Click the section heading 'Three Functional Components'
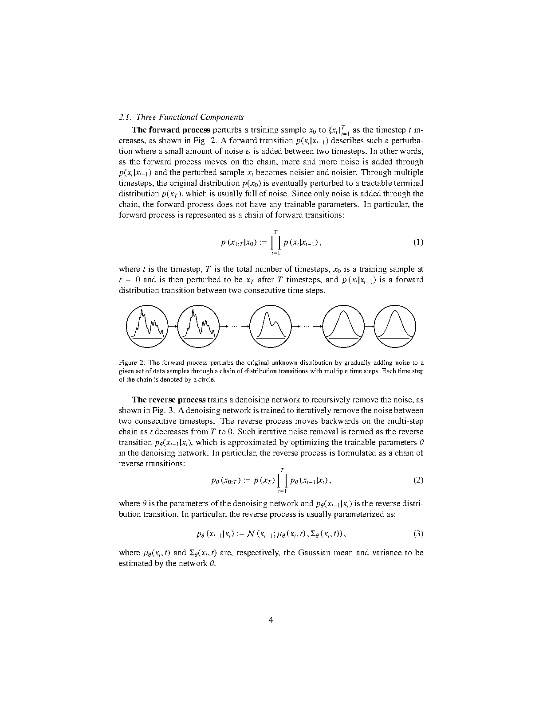pyautogui.click(x=189, y=117)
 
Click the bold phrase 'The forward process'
pyautogui.click(x=171, y=130)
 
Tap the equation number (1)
pyautogui.click(x=418, y=242)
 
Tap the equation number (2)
pyautogui.click(x=418, y=480)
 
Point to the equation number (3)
pyautogui.click(x=418, y=534)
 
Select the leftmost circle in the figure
pyautogui.click(x=147, y=326)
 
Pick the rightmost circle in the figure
pyautogui.click(x=395, y=326)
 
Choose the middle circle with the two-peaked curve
pyautogui.click(x=271, y=326)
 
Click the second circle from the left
pyautogui.click(x=198, y=326)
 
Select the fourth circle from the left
pyautogui.click(x=344, y=326)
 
